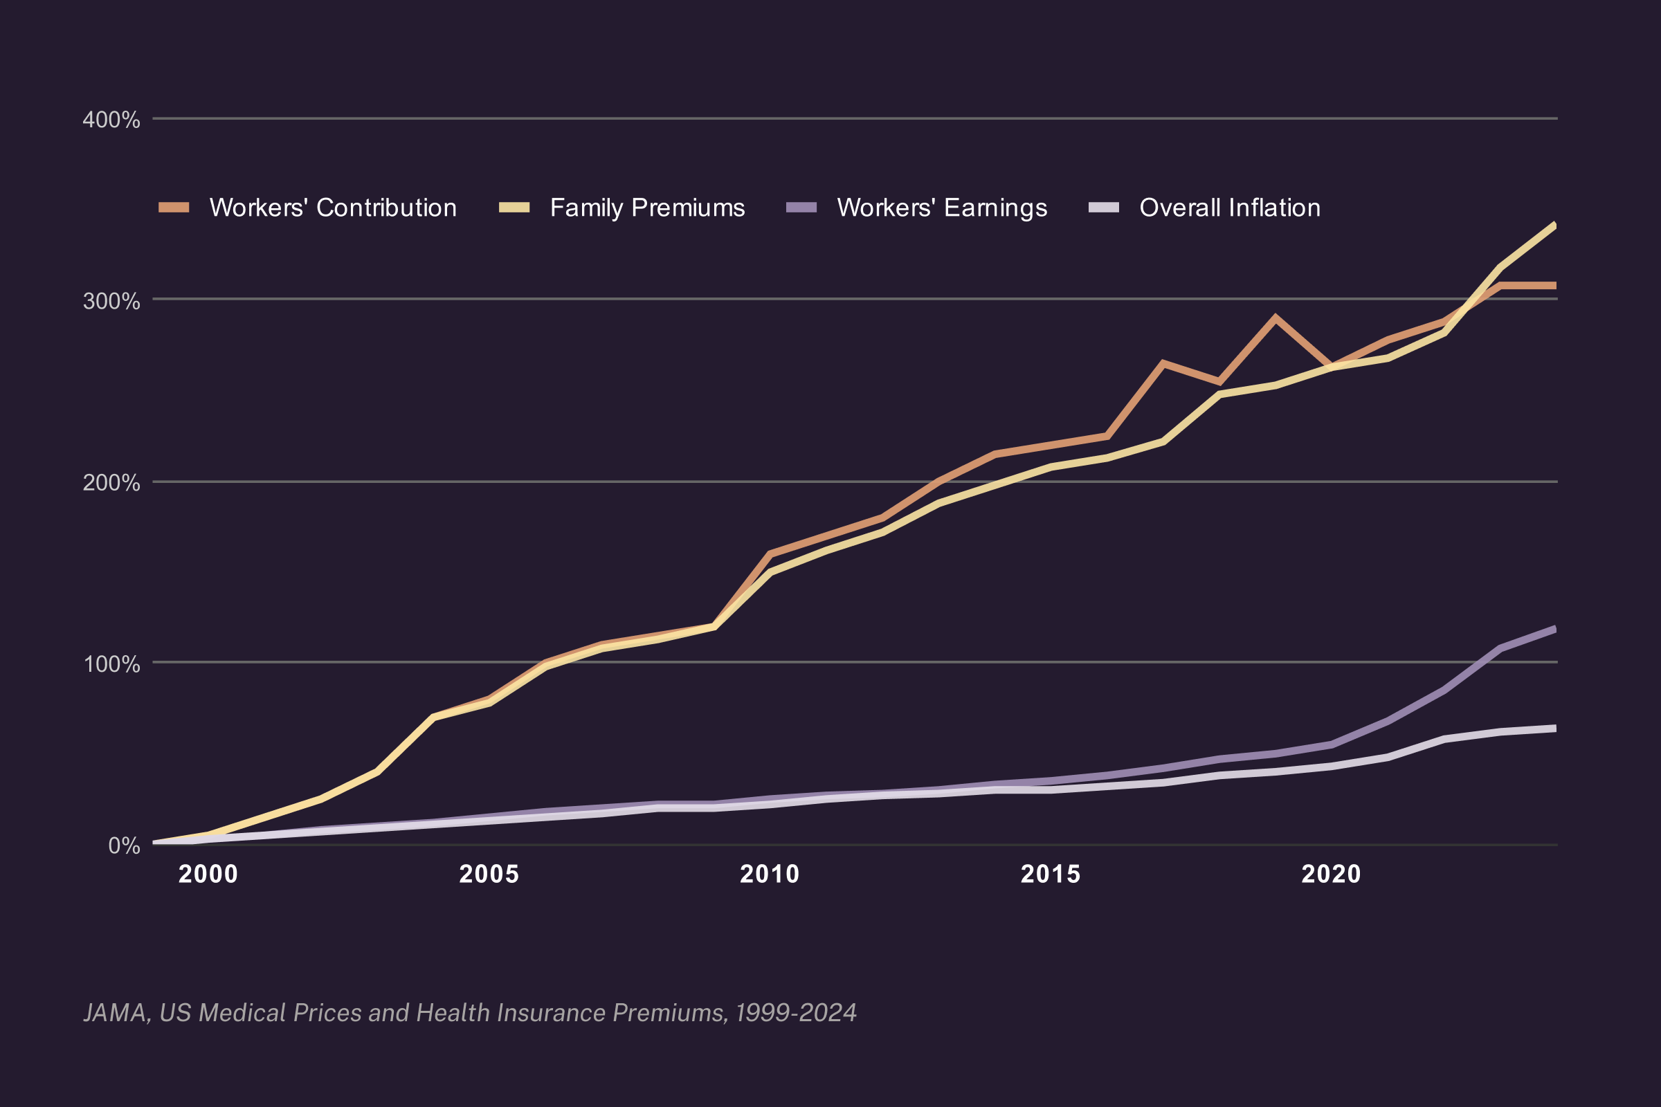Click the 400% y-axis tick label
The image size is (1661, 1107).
tap(111, 119)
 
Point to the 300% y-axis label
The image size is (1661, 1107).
tap(111, 301)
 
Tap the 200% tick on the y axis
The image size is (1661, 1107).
tap(111, 483)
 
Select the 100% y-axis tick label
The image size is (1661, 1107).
tap(112, 664)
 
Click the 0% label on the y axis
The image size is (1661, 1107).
tap(125, 845)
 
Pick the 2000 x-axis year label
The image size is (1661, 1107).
tap(208, 874)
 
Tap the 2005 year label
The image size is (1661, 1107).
tap(489, 874)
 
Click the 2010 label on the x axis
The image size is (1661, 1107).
tap(770, 874)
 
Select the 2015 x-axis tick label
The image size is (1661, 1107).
tap(1051, 874)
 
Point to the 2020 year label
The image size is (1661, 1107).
tap(1331, 874)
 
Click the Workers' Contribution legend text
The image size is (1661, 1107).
tap(334, 208)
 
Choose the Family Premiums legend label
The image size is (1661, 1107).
tap(648, 208)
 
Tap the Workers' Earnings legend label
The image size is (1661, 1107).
tap(942, 208)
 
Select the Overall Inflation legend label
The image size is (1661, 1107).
tap(1231, 208)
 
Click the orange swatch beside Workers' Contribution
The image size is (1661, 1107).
tap(174, 207)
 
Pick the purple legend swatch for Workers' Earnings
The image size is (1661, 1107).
tap(801, 207)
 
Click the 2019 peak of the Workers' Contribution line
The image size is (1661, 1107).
tap(1275, 317)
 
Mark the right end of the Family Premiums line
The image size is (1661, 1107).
tap(1556, 226)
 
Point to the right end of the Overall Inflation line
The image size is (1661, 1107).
tap(1556, 728)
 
